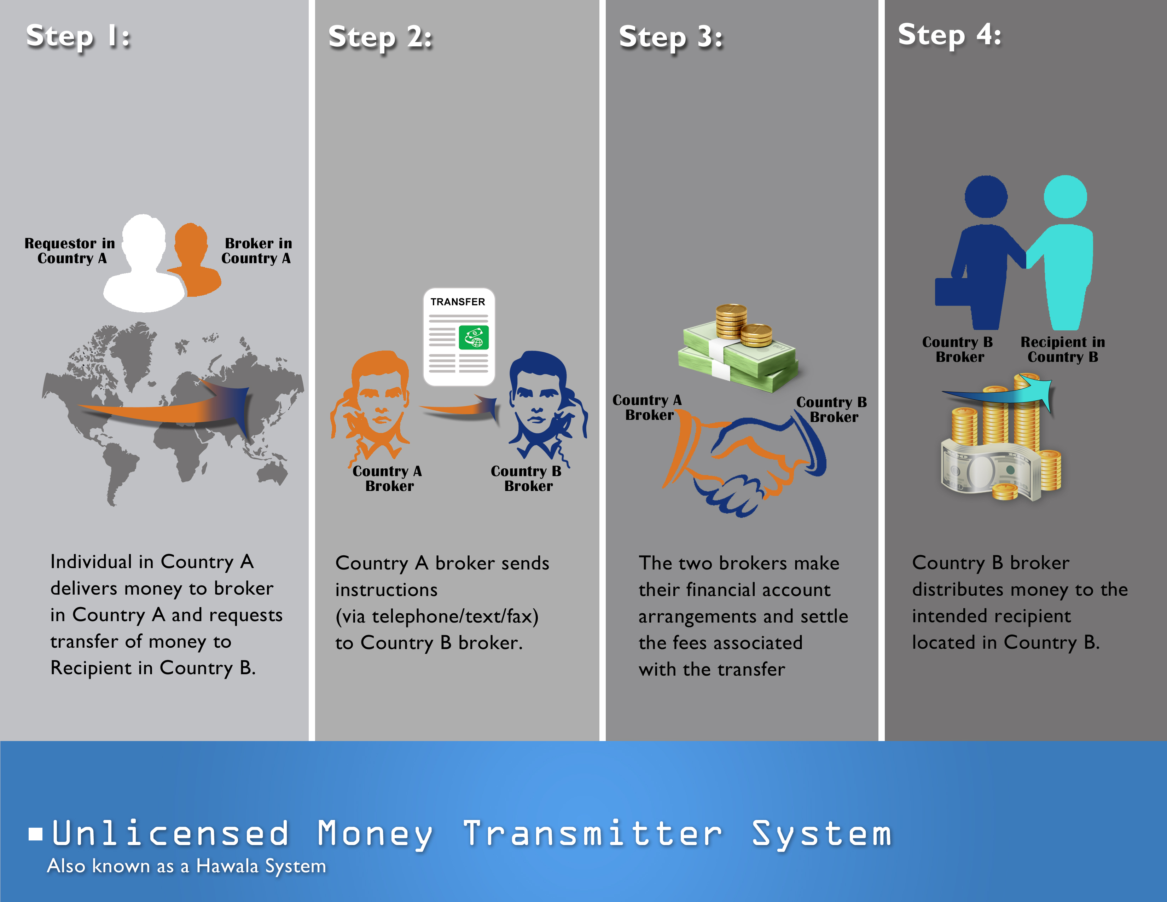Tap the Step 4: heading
(x=949, y=35)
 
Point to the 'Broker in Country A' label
(x=257, y=251)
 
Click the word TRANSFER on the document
(x=458, y=302)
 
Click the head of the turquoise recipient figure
(x=1065, y=197)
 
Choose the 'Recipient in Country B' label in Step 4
(x=1062, y=349)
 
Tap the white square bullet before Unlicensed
(x=36, y=834)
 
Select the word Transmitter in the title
(x=592, y=834)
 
